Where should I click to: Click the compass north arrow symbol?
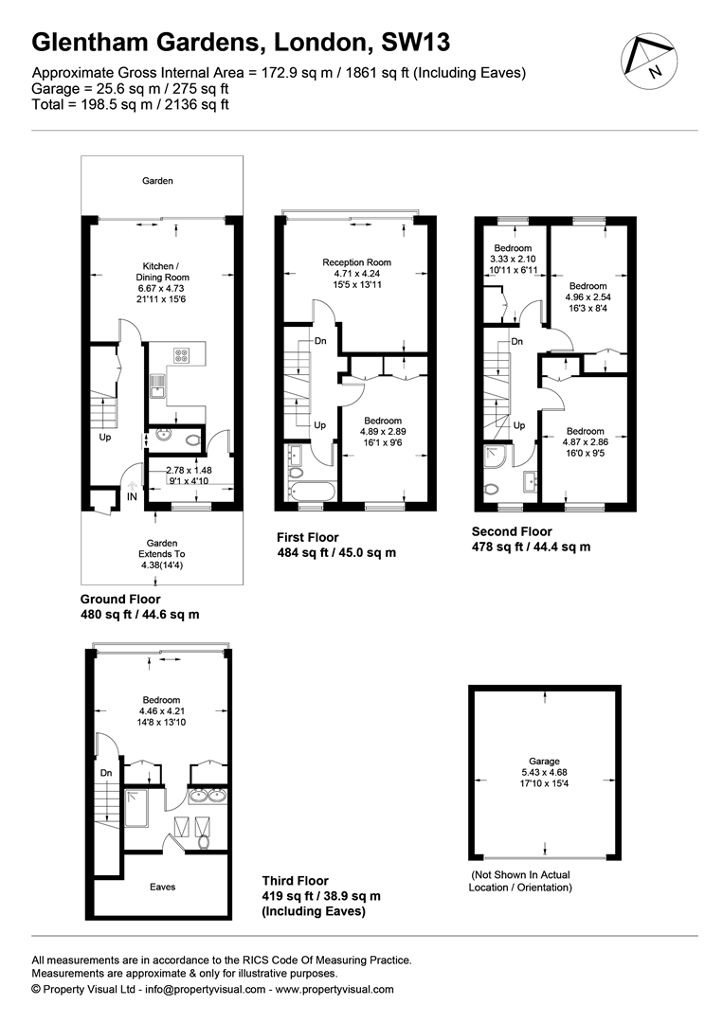pos(646,61)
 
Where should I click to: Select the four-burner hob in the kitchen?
pos(181,355)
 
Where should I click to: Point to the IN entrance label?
pos(132,497)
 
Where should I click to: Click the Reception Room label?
pos(357,262)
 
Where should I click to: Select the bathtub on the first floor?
pos(311,492)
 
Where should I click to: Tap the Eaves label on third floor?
pos(162,887)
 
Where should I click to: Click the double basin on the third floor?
pos(208,796)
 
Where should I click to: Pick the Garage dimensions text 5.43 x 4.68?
pos(544,773)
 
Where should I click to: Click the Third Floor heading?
pos(296,881)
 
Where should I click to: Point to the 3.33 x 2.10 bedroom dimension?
pos(513,259)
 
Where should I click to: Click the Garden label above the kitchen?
pos(158,181)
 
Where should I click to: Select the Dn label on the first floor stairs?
pos(320,341)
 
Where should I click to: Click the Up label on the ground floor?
pos(105,437)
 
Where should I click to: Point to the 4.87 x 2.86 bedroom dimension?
pos(586,442)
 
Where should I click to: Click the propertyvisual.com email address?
pos(205,989)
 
